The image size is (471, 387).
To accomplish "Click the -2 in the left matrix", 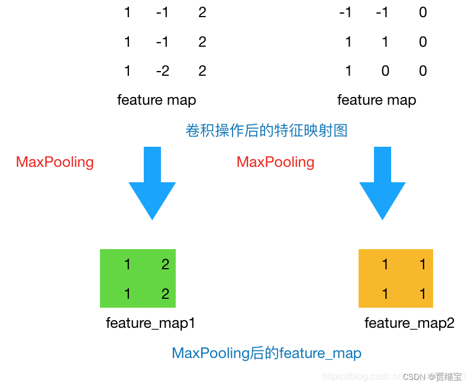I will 163,71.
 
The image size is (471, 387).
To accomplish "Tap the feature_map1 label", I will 150,323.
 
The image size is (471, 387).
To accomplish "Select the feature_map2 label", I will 409,323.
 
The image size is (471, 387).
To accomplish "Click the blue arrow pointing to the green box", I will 152,183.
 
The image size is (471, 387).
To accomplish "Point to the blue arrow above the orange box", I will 382,183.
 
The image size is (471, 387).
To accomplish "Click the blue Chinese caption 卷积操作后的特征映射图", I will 266,131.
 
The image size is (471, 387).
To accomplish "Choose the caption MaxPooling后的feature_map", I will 266,353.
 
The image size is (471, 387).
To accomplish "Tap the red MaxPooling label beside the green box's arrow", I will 55,162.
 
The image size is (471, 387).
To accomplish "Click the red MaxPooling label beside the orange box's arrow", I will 276,162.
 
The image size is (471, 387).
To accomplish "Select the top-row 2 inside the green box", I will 165,265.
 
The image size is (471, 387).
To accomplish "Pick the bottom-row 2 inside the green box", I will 165,294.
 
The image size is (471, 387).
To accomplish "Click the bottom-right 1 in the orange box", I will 422,294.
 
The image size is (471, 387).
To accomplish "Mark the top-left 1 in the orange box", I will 385,265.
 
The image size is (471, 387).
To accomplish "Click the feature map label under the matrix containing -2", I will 156,100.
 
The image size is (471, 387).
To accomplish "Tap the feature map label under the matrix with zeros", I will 376,100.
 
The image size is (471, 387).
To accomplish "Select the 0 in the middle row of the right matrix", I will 422,42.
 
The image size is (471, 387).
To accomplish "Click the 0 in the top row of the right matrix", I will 422,12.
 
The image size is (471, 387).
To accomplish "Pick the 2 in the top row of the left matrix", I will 202,12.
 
